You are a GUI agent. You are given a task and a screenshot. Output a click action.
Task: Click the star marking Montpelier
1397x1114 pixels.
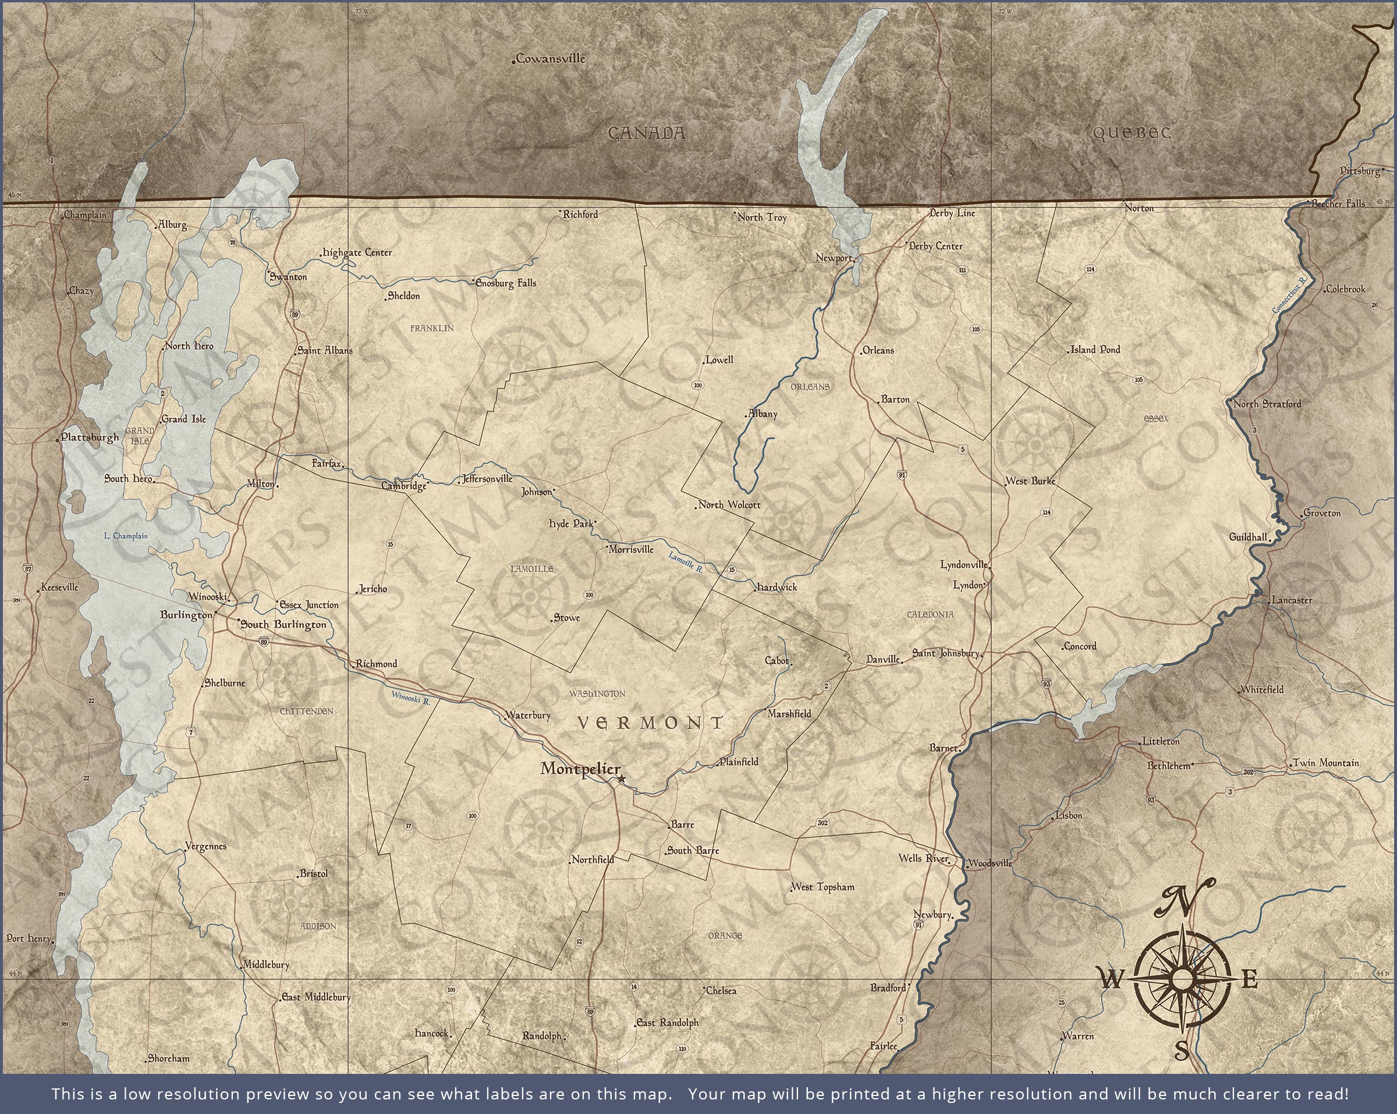pyautogui.click(x=622, y=778)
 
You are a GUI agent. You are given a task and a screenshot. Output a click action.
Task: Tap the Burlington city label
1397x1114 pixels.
pyautogui.click(x=186, y=615)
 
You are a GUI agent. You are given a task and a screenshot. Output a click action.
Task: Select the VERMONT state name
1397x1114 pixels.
pyautogui.click(x=650, y=723)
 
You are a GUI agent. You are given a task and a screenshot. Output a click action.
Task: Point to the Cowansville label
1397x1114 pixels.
pyautogui.click(x=551, y=59)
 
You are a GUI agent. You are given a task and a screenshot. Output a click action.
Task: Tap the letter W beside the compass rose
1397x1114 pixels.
pyautogui.click(x=1111, y=980)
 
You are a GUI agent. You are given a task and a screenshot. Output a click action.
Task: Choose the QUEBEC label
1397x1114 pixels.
pyautogui.click(x=1132, y=133)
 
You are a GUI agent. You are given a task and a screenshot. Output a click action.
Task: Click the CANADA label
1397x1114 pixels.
pyautogui.click(x=646, y=133)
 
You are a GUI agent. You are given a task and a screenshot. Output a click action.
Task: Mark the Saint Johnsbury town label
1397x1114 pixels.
pyautogui.click(x=945, y=653)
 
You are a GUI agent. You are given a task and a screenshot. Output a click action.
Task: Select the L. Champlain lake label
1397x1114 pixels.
pyautogui.click(x=126, y=536)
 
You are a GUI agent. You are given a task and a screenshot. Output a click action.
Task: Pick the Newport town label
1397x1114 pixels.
pyautogui.click(x=834, y=258)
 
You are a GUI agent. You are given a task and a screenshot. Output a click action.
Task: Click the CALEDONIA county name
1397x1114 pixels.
pyautogui.click(x=930, y=614)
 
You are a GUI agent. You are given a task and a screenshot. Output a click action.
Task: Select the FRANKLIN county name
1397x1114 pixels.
pyautogui.click(x=432, y=328)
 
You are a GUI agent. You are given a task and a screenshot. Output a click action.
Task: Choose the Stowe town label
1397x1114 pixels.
pyautogui.click(x=567, y=618)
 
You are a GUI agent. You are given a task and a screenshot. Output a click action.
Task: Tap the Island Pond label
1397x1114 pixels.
pyautogui.click(x=1095, y=350)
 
